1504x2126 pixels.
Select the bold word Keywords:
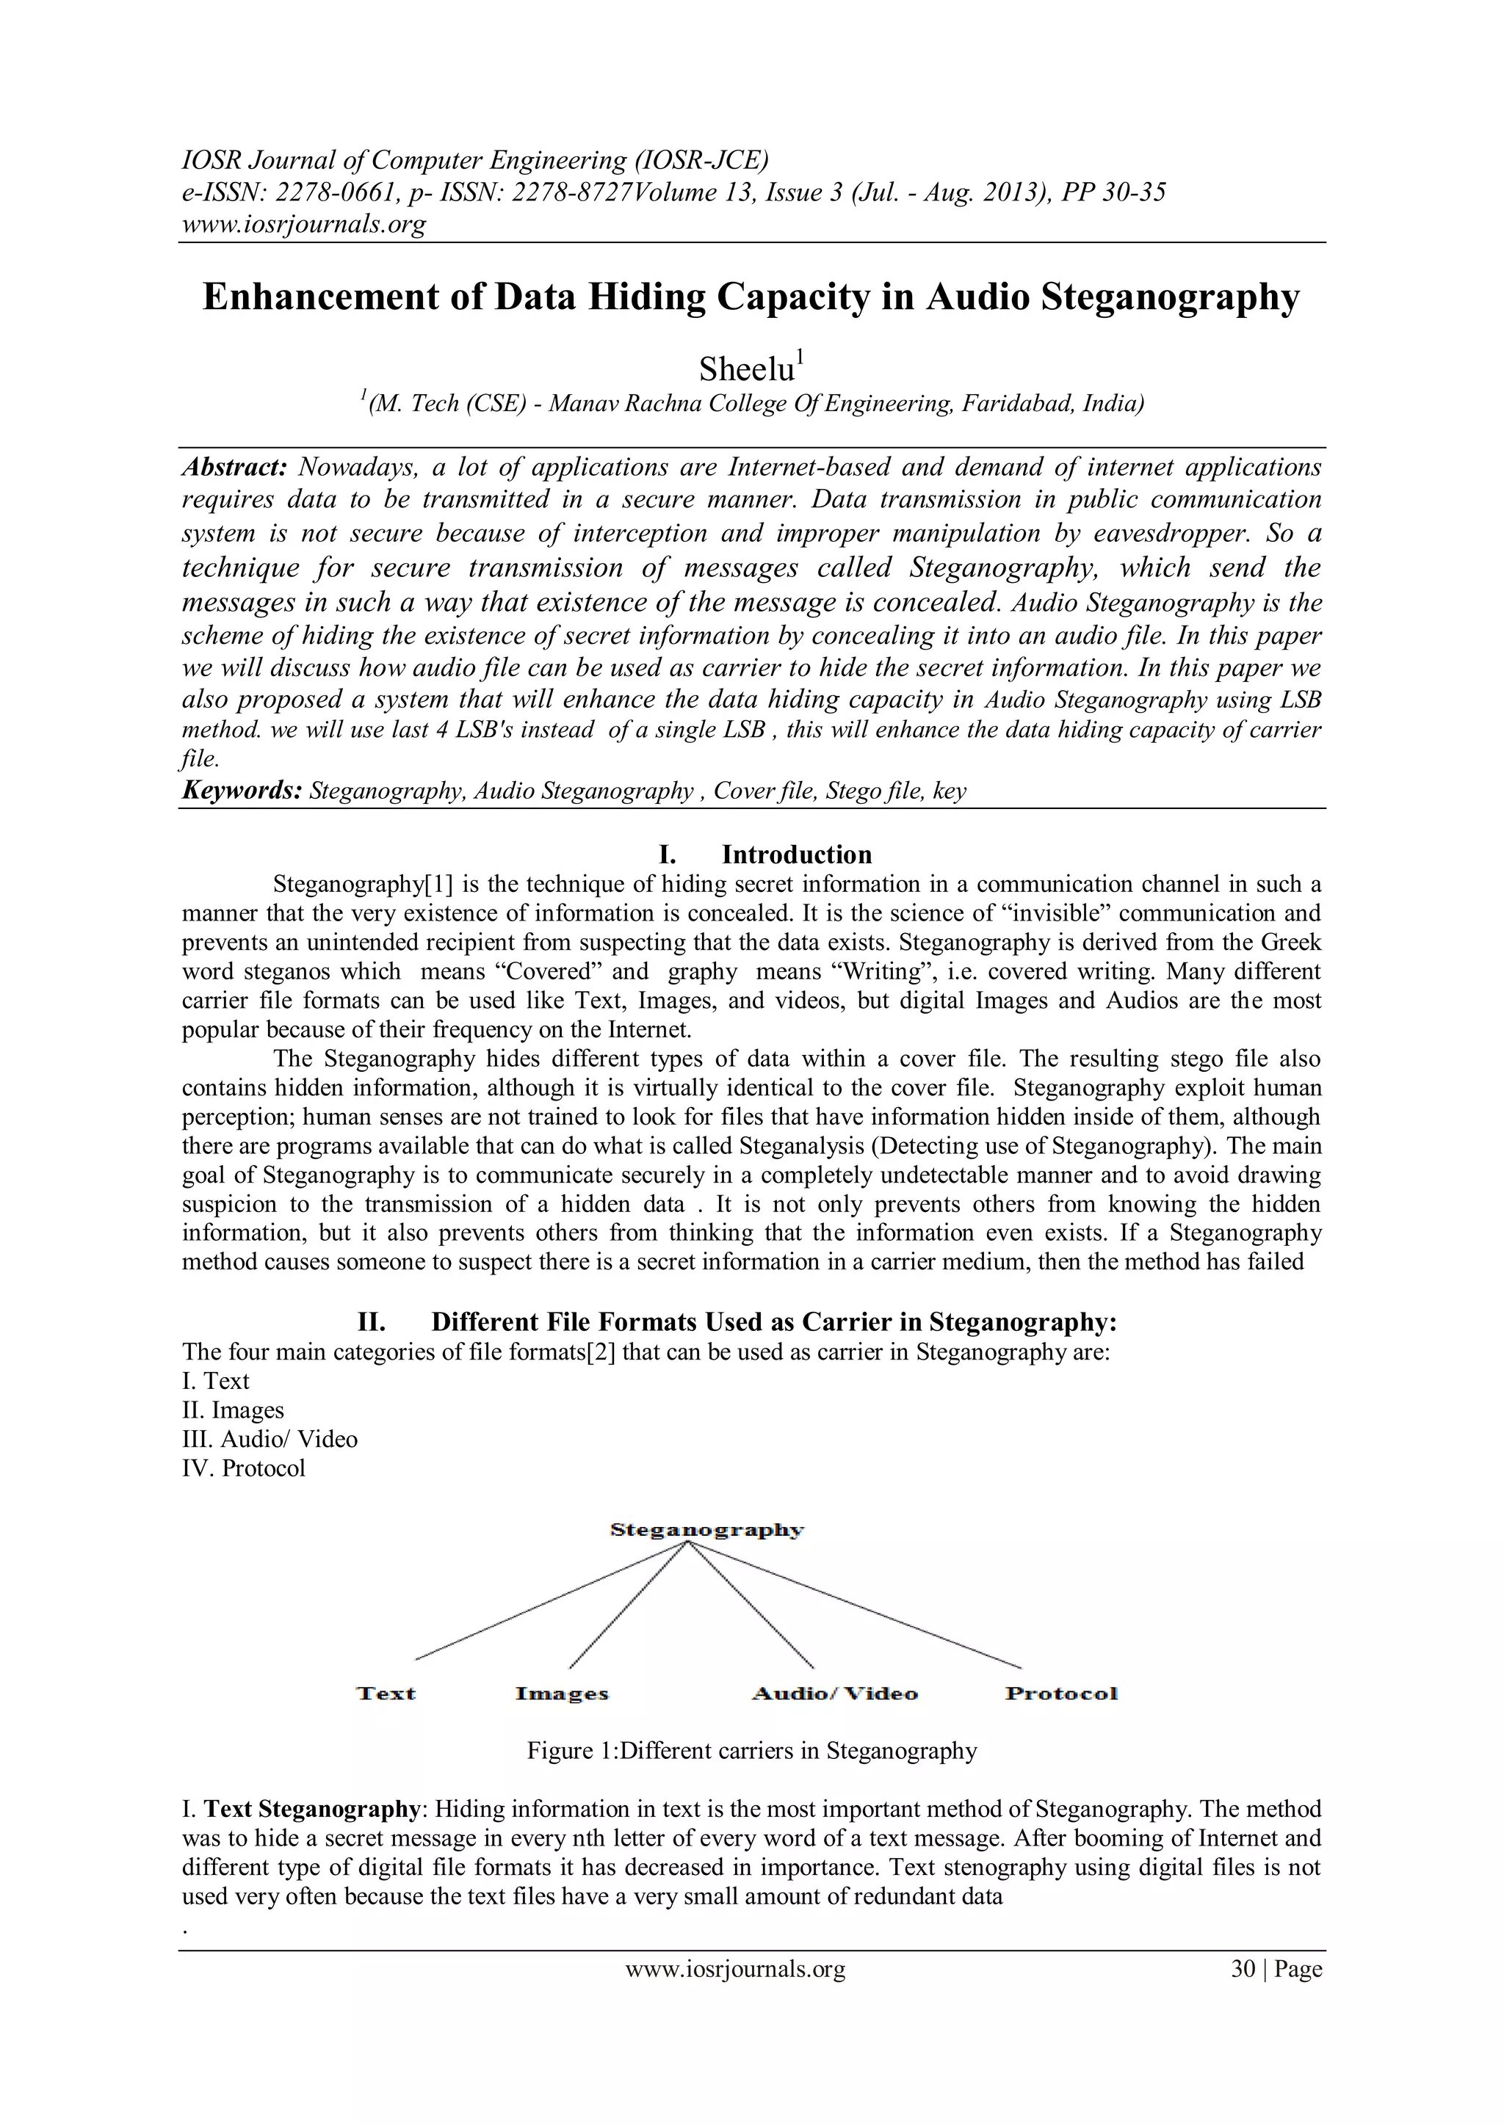click(242, 791)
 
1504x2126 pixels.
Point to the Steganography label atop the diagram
click(706, 1530)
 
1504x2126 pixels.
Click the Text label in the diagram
click(386, 1694)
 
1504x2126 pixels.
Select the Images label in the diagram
click(561, 1694)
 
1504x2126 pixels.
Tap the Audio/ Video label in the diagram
click(834, 1694)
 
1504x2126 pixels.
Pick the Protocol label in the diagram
click(1061, 1694)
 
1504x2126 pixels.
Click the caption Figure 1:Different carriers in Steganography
click(752, 1751)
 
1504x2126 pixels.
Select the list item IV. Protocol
click(244, 1468)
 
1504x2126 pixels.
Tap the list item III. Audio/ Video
click(270, 1439)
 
